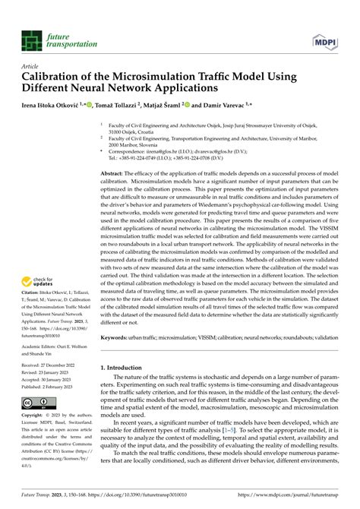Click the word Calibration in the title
[58, 77]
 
